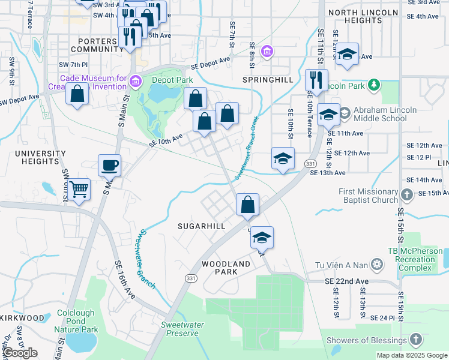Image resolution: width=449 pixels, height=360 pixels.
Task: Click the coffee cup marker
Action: tap(110, 165)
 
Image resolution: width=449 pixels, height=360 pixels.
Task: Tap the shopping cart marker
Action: tap(79, 190)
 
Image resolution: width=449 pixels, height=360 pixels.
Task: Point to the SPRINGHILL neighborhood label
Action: tap(268, 79)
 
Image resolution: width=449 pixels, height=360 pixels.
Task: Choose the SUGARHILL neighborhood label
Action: tap(201, 226)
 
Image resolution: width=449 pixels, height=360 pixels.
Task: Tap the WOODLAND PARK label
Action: tap(226, 268)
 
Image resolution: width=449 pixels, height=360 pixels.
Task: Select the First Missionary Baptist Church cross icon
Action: tap(407, 194)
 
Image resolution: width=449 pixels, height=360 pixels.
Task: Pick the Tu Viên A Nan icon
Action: tap(377, 265)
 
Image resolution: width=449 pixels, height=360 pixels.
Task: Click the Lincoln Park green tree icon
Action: tap(375, 85)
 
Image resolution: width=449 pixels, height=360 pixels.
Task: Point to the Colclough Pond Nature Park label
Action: tap(77, 321)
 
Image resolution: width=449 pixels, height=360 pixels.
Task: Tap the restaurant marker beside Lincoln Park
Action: tap(316, 80)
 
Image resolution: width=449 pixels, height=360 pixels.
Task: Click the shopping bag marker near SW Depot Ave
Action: tap(77, 95)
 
